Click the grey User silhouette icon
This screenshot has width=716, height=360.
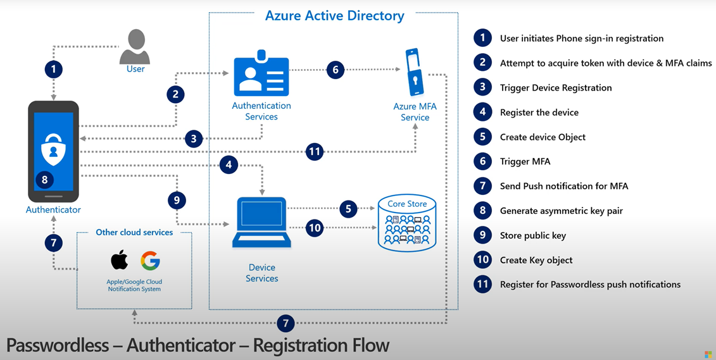135,47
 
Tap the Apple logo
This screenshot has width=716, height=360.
119,260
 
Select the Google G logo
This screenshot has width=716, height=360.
150,261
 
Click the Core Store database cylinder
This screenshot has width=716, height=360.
407,222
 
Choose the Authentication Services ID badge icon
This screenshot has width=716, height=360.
261,73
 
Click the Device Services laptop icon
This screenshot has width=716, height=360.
261,222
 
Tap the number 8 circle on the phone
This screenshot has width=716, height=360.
44,180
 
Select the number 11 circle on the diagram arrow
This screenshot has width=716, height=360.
314,151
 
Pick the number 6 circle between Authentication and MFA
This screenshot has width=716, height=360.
336,70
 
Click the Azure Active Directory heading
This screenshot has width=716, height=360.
335,16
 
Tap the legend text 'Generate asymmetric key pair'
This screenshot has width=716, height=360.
561,211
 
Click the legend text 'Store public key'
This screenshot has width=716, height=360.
533,235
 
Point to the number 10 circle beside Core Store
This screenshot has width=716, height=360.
315,227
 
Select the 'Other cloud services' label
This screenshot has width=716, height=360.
134,232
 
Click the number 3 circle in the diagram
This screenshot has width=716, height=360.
194,139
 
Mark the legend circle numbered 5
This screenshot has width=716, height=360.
482,137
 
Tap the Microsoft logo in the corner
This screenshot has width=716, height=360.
708,354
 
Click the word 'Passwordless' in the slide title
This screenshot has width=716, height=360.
57,345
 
